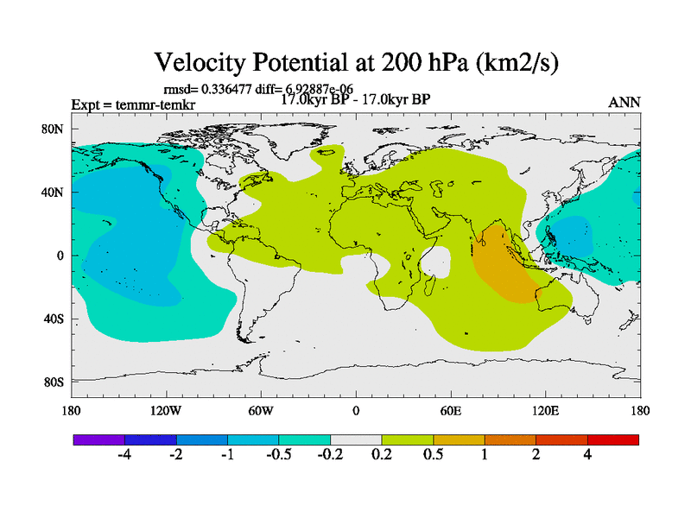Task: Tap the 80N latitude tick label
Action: point(54,129)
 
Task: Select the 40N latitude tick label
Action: point(54,193)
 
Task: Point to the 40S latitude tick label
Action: point(54,319)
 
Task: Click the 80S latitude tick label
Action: point(54,382)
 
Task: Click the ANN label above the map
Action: point(624,103)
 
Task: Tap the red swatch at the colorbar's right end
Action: point(612,439)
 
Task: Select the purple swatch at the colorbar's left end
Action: point(98,439)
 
